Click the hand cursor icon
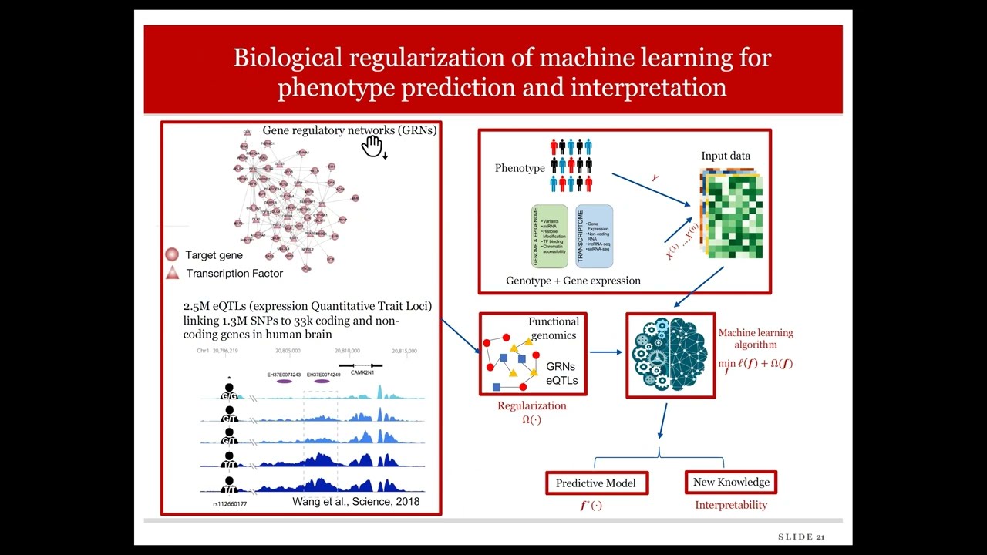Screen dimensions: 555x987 [372, 146]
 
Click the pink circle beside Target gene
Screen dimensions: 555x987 [172, 255]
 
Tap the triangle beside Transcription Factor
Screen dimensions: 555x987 [172, 273]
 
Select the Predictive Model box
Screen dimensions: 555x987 [596, 483]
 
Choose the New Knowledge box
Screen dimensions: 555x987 [731, 483]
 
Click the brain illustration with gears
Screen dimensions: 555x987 [670, 355]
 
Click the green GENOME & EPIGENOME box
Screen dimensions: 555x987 [549, 237]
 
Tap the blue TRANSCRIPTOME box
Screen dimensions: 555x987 [594, 237]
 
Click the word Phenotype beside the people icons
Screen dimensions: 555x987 [520, 168]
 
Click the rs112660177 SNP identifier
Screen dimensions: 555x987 [230, 504]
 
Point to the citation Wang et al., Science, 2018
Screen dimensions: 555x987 [355, 501]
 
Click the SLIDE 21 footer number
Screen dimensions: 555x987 [801, 536]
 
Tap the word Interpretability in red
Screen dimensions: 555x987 [731, 505]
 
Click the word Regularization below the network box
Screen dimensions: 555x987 [531, 406]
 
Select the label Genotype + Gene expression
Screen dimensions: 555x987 [573, 281]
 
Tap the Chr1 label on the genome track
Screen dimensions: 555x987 [203, 351]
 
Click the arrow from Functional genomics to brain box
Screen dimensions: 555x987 [606, 352]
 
